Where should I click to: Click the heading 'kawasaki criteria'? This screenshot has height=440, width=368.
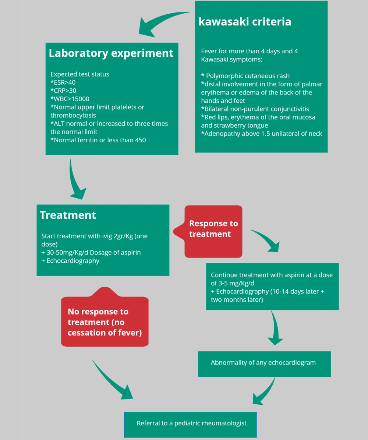coord(245,22)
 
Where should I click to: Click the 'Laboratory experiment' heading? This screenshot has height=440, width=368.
coord(111,53)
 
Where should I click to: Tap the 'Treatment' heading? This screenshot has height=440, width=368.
coord(68,215)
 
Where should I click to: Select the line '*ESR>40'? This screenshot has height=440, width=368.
coord(63,82)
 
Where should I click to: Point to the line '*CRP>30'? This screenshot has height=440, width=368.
coord(63,91)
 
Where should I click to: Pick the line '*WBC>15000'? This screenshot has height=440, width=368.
coord(70,99)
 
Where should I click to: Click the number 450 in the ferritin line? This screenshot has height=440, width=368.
coord(140,140)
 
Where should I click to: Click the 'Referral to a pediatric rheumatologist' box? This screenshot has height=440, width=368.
coord(190,425)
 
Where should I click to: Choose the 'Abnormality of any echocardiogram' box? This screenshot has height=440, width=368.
coord(265,364)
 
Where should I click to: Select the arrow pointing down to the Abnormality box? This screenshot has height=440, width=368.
coord(275,328)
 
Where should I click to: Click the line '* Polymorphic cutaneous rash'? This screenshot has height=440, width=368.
coord(245,76)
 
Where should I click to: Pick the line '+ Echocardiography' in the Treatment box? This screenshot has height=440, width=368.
coord(70,261)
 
